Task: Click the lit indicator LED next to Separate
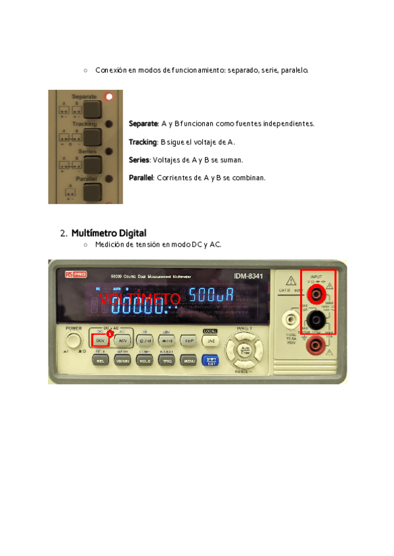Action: pyautogui.click(x=109, y=96)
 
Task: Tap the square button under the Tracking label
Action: pyautogui.click(x=92, y=136)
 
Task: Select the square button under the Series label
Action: pyautogui.click(x=92, y=164)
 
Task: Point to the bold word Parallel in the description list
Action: pyautogui.click(x=142, y=177)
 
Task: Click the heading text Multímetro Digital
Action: pyautogui.click(x=108, y=233)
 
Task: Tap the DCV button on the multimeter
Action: pyautogui.click(x=100, y=341)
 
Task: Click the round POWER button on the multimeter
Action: pyautogui.click(x=74, y=341)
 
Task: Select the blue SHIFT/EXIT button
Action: pyautogui.click(x=210, y=359)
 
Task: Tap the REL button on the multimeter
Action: pyautogui.click(x=100, y=360)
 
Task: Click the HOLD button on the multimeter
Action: pyautogui.click(x=144, y=360)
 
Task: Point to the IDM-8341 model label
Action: pyautogui.click(x=248, y=276)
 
